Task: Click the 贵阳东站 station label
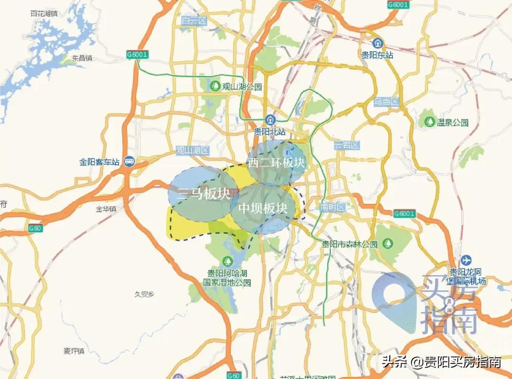point(377,55)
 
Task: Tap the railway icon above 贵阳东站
point(377,43)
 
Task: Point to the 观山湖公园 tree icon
point(215,86)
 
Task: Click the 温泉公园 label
point(452,123)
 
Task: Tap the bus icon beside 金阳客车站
point(128,162)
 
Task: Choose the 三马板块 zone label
point(203,194)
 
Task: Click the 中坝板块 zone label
point(263,208)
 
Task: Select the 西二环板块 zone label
point(276,163)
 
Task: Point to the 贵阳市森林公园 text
point(350,245)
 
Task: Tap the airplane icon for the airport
point(466,260)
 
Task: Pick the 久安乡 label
point(145,294)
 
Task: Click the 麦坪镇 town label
point(73,351)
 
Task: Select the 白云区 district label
point(194,20)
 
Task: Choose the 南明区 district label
point(334,207)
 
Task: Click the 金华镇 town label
point(106,208)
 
